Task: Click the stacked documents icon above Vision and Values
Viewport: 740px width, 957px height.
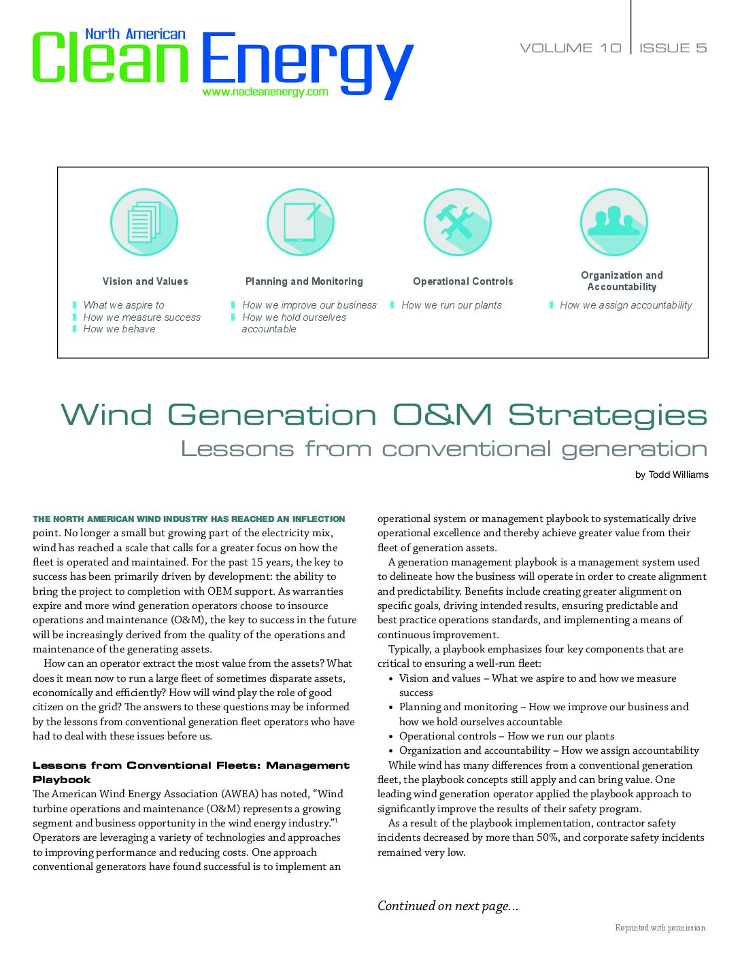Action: [x=144, y=222]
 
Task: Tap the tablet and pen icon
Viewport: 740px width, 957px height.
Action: [x=301, y=222]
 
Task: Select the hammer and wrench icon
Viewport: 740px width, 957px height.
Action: [x=457, y=222]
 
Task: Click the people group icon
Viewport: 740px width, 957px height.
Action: [x=613, y=222]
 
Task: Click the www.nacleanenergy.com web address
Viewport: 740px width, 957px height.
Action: [x=265, y=92]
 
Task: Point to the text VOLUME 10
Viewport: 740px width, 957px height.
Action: [x=571, y=48]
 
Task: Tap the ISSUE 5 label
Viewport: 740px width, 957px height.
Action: [x=673, y=48]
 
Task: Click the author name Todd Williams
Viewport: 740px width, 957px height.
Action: [x=678, y=474]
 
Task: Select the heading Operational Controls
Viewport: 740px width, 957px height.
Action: [x=463, y=281]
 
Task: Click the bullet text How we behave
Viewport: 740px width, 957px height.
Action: [x=119, y=329]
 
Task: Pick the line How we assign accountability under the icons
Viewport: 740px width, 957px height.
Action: [x=626, y=305]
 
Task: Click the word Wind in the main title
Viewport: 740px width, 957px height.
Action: [x=107, y=415]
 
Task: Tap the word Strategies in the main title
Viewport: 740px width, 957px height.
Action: [x=607, y=415]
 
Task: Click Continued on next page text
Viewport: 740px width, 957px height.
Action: [x=448, y=905]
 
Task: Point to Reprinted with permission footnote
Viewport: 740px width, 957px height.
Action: [x=660, y=928]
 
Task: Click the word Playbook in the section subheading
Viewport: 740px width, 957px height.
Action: [x=62, y=780]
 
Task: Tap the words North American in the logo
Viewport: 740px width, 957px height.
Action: [x=135, y=34]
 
